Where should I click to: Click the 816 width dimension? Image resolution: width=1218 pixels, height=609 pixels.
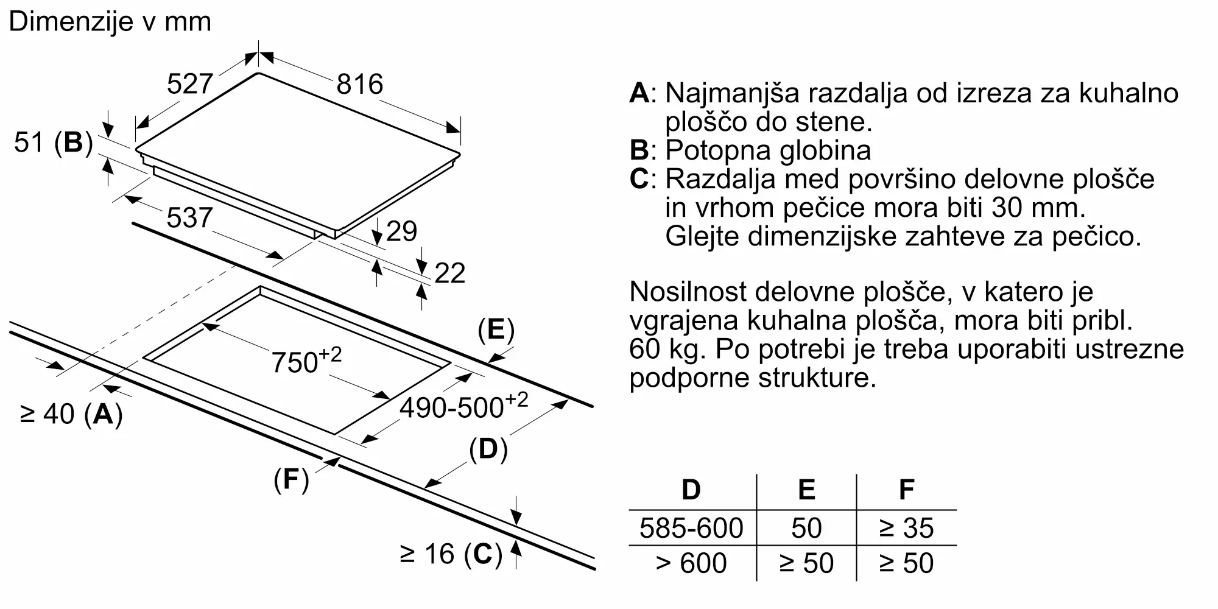[x=359, y=84]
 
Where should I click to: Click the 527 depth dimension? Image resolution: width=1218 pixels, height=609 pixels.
[x=189, y=84]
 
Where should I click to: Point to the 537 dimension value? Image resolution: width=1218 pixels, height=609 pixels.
[x=189, y=218]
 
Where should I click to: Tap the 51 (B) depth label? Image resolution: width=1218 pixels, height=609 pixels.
[x=54, y=143]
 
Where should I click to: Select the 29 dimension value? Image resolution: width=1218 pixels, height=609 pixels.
[x=401, y=231]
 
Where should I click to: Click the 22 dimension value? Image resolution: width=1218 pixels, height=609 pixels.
[x=449, y=273]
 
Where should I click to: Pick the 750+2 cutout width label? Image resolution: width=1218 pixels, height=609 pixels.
[x=306, y=361]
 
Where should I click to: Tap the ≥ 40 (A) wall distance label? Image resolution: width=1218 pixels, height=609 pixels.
[x=71, y=414]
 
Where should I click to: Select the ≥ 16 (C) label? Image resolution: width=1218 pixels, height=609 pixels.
[x=451, y=554]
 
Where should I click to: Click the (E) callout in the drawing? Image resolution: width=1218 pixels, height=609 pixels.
[x=496, y=330]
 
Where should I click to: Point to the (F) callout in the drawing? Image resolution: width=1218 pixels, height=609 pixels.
[x=291, y=480]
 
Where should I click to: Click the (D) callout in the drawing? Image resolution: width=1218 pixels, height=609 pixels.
[x=488, y=449]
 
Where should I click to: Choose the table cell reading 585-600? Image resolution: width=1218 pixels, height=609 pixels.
[x=691, y=528]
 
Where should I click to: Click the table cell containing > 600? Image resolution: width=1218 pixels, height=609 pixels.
[x=691, y=563]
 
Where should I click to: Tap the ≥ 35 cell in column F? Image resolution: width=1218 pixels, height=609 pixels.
[x=906, y=528]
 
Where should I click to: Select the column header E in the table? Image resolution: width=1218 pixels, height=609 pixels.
[x=806, y=490]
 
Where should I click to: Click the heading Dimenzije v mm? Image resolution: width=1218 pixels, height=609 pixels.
[x=110, y=22]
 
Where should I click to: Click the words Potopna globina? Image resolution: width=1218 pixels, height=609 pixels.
[x=767, y=150]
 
